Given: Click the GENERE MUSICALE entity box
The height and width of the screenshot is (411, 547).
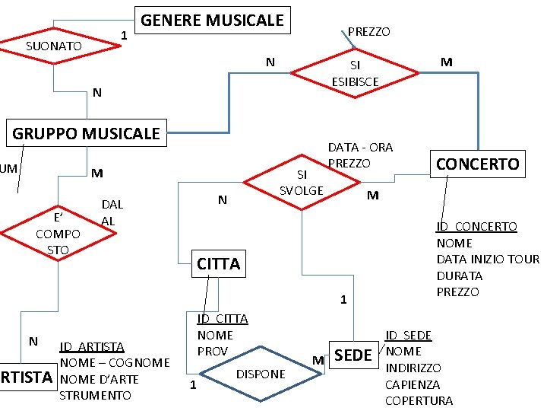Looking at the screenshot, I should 212,21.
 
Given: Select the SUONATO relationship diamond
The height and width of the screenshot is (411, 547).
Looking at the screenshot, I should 64,46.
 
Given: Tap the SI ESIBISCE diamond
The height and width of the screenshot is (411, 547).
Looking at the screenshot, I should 355,74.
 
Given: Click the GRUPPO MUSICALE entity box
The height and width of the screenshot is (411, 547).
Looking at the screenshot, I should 86,134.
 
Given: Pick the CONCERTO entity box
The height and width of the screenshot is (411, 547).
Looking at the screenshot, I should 478,164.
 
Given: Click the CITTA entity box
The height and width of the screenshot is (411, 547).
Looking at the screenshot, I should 218,264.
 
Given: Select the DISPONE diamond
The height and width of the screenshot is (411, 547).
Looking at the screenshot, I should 261,374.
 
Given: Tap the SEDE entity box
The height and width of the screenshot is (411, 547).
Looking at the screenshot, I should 353,355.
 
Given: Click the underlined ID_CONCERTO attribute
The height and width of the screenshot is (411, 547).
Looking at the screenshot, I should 476,227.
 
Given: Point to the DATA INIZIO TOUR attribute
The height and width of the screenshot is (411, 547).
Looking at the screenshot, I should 487,260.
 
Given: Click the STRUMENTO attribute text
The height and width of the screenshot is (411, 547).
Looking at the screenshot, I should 95,395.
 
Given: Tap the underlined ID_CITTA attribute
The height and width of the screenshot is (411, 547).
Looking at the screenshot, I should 223,318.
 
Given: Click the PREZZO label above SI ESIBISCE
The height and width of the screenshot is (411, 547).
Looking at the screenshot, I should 368,32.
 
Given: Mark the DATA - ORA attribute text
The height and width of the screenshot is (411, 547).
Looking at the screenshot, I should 360,147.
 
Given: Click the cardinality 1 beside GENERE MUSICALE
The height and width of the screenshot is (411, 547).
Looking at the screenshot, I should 123,35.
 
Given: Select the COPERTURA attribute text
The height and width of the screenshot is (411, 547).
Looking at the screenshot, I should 419,401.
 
